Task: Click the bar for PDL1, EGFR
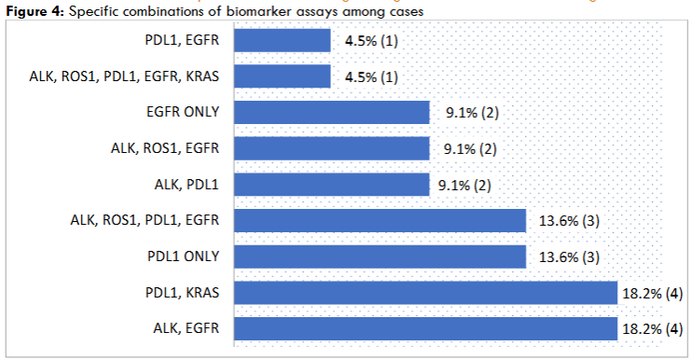coord(282,40)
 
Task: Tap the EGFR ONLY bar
coord(331,112)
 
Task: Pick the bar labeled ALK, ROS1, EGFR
coord(331,148)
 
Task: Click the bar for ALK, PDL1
coord(331,185)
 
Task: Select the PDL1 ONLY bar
coord(380,256)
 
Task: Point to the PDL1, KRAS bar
coord(425,293)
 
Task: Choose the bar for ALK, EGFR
coord(425,328)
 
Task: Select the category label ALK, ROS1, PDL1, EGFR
coord(145,221)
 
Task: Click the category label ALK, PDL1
coord(187,185)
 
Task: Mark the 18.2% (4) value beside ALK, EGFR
coord(654,329)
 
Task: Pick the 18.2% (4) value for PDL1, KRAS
coord(654,293)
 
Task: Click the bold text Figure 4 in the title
coord(34,9)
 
